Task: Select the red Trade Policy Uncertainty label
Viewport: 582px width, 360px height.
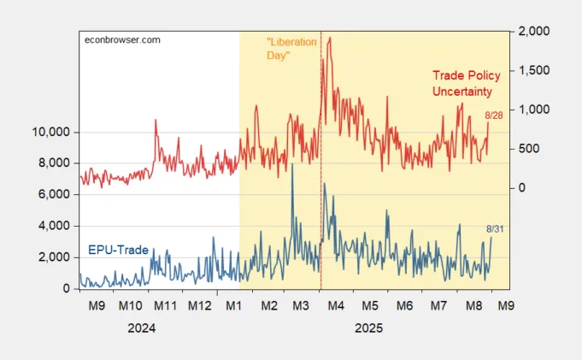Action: coord(467,83)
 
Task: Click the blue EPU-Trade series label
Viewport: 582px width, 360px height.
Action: coord(118,250)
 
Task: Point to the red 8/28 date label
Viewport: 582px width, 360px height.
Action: coord(494,115)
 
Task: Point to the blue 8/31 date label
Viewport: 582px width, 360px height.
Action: coord(495,228)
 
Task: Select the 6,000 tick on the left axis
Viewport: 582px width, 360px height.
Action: coord(56,195)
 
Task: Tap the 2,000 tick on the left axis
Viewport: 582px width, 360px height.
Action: coord(56,257)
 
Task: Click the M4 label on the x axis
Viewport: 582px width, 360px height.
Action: coord(335,305)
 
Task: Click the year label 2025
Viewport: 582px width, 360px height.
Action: coord(367,328)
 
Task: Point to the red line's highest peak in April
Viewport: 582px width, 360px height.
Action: coord(330,38)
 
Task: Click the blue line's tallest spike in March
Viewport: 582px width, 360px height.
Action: coord(292,164)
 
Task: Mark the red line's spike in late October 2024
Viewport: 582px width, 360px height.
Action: coord(155,121)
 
